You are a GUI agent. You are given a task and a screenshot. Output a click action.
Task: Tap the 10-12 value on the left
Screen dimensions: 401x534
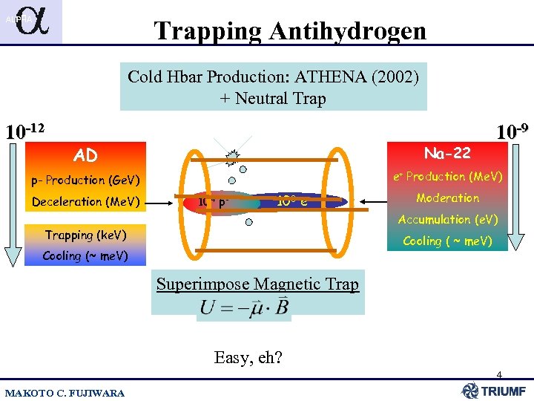(x=24, y=131)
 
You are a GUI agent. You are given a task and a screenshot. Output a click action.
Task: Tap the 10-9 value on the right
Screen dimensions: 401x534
(x=512, y=131)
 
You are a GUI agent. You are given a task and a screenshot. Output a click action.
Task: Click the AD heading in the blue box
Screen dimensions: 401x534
(x=85, y=155)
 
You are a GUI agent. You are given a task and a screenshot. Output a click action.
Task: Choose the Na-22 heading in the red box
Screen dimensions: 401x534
(x=447, y=153)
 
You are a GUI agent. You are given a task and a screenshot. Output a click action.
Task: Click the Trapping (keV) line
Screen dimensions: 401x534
(x=85, y=235)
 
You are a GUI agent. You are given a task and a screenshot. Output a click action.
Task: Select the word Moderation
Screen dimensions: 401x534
(x=447, y=198)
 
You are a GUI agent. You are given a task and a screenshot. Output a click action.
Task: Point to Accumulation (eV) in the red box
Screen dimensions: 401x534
(x=447, y=219)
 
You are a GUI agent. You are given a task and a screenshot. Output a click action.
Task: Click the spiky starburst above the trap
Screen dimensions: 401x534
(x=234, y=156)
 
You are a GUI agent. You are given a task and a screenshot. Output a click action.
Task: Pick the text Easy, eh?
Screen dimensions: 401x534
(x=247, y=358)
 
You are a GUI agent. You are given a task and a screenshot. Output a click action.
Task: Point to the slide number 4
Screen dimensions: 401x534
(x=499, y=374)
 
